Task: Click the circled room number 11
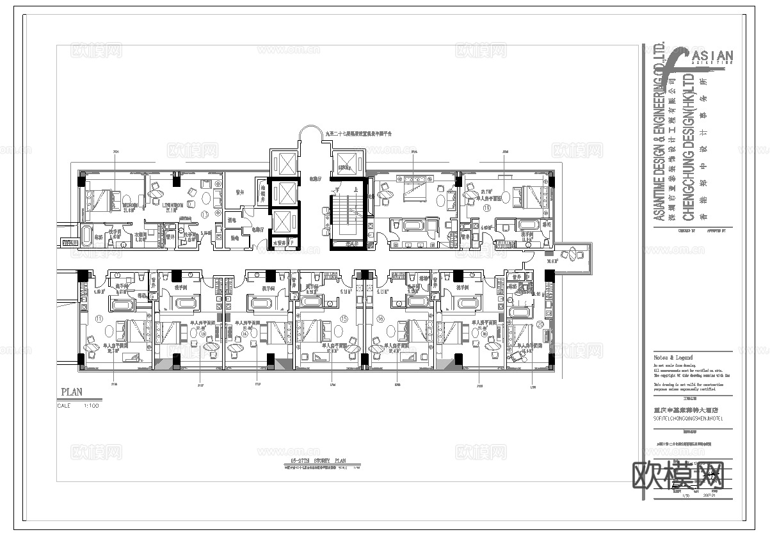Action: tap(99, 318)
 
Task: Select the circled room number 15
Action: tap(344, 318)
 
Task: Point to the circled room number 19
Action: tap(487, 208)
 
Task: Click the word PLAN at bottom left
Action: tap(72, 392)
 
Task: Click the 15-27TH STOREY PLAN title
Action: tap(318, 461)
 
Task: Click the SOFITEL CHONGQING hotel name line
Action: tap(688, 418)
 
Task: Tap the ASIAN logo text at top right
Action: tap(712, 57)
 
